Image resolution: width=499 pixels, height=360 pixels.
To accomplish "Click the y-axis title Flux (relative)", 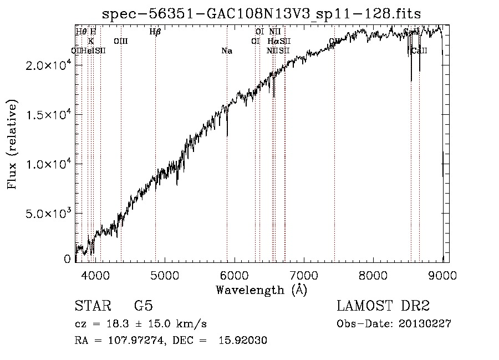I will [x=12, y=144].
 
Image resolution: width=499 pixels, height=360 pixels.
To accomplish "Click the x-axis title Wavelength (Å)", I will [x=261, y=290].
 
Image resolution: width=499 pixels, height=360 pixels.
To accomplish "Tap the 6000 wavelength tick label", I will [x=234, y=274].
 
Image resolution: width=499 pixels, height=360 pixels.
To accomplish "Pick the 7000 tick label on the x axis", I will [x=304, y=274].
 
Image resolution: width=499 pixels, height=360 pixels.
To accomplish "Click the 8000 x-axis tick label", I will [x=373, y=274].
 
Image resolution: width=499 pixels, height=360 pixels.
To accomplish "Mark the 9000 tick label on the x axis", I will [x=442, y=274].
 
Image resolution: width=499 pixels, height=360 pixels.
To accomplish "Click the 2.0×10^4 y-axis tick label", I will [x=49, y=65].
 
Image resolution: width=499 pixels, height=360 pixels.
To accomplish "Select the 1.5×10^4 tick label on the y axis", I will [x=49, y=115].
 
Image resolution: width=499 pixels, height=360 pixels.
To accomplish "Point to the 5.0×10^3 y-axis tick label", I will [x=49, y=214].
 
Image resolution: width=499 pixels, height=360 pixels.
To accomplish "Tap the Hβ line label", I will [x=155, y=32].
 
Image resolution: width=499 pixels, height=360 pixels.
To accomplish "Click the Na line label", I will [x=226, y=51].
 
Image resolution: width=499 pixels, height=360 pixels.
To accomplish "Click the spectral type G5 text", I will [x=144, y=306].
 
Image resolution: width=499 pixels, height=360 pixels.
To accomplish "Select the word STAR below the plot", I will [x=92, y=306].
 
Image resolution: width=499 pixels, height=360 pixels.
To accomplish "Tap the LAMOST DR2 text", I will [x=383, y=306].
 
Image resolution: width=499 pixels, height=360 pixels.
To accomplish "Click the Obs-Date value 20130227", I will [x=425, y=324].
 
